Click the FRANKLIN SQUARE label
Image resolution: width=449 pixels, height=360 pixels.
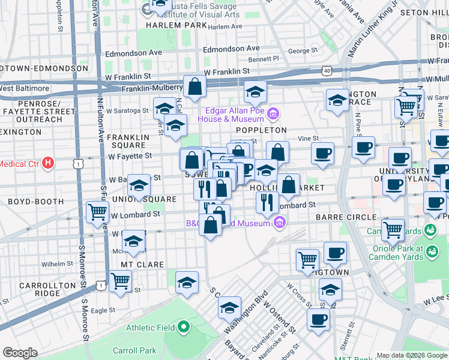[x=127, y=142]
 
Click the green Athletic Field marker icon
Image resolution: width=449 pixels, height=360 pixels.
[x=184, y=328]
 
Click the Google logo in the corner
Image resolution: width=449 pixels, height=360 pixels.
[x=20, y=353]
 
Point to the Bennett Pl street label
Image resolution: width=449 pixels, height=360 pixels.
[x=264, y=59]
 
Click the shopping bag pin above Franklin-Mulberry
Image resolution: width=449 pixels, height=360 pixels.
[x=194, y=88]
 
